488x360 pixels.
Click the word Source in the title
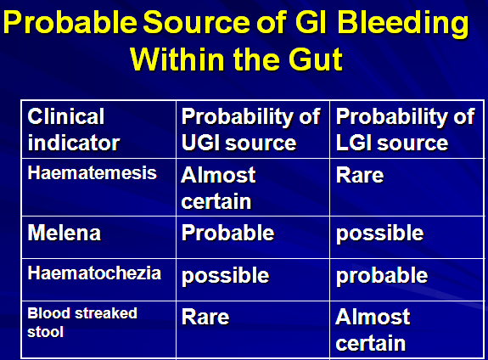[197, 23]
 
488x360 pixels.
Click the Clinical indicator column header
[74, 130]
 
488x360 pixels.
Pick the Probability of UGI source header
[250, 130]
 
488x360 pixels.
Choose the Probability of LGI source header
[405, 130]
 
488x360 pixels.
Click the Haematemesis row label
[93, 173]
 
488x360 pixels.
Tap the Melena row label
[65, 233]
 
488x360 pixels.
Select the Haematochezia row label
[94, 273]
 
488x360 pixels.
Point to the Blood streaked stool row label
[82, 323]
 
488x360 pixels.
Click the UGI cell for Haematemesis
[218, 188]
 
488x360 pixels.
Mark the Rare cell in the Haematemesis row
[360, 175]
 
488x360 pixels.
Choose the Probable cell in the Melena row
[227, 233]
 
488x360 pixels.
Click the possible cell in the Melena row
[379, 233]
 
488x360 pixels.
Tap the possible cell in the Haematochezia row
[225, 276]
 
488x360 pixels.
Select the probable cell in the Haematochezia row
[382, 276]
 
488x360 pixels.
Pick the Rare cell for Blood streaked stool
[205, 318]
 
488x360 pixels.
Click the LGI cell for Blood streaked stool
[373, 330]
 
